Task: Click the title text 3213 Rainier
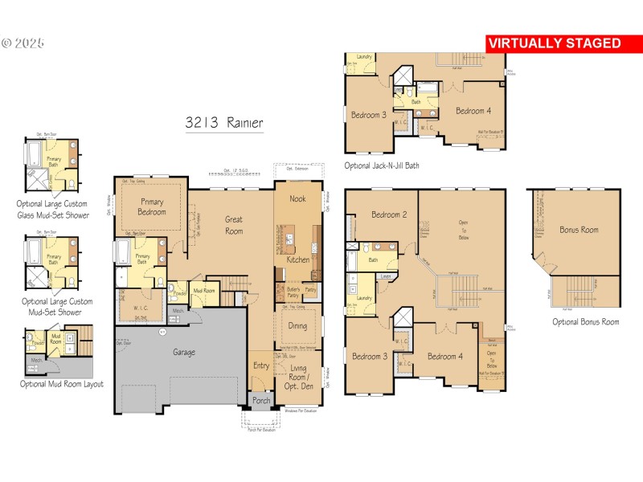pyautogui.click(x=223, y=123)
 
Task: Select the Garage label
pyautogui.click(x=184, y=352)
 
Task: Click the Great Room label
pyautogui.click(x=234, y=225)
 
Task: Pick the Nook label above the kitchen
pyautogui.click(x=297, y=198)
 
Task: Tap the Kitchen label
pyautogui.click(x=298, y=260)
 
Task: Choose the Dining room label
pyautogui.click(x=297, y=326)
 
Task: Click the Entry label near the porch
pyautogui.click(x=262, y=366)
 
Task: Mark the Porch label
pyautogui.click(x=262, y=401)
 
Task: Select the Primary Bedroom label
pyautogui.click(x=153, y=206)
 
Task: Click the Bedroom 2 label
pyautogui.click(x=389, y=214)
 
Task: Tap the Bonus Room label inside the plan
pyautogui.click(x=579, y=230)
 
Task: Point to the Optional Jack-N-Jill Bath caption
pyautogui.click(x=382, y=165)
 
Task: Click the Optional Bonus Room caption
pyautogui.click(x=585, y=322)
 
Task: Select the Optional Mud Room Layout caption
pyautogui.click(x=62, y=384)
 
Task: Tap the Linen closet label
pyautogui.click(x=386, y=277)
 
